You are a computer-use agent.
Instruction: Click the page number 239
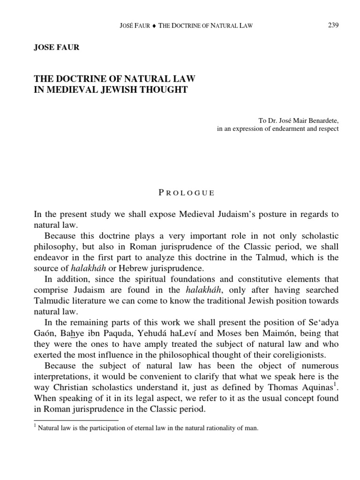332,25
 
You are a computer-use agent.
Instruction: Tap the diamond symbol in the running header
154,26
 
